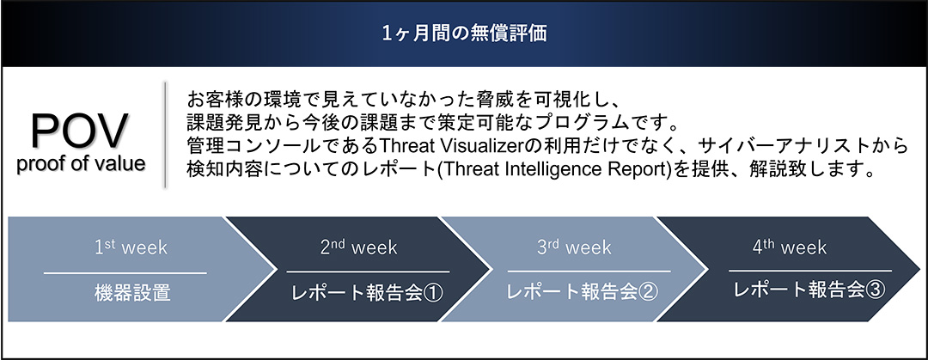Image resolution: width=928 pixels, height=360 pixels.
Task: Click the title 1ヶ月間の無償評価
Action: tap(464, 34)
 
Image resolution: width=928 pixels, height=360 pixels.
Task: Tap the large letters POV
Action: tap(81, 131)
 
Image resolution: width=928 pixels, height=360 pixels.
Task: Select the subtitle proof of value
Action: tap(81, 164)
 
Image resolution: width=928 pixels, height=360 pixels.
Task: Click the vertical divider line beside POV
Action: tap(165, 135)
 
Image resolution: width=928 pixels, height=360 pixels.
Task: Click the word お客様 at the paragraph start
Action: tap(214, 96)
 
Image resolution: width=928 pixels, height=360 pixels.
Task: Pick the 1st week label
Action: tap(131, 247)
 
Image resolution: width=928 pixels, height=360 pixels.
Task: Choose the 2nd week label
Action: tap(358, 247)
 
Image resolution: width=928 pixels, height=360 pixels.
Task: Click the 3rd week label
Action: tap(574, 247)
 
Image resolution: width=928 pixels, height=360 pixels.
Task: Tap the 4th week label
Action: tap(789, 247)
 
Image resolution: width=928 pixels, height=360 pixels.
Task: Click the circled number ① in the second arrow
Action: tap(433, 293)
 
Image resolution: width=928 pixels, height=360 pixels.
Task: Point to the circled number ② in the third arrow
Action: tap(649, 291)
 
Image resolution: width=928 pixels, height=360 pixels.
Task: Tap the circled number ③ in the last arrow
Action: tap(875, 290)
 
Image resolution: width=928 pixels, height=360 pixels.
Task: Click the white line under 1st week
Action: tap(125, 273)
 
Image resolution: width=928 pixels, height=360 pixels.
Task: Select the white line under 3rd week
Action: tap(589, 272)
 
